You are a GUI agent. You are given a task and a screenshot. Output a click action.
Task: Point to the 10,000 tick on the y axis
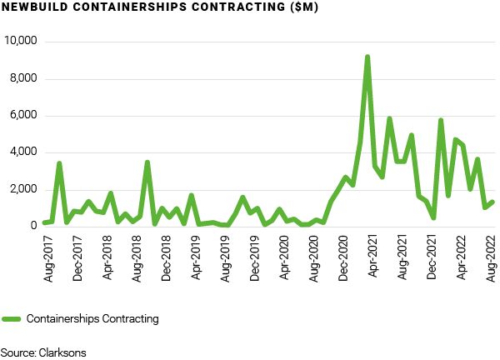point(22,42)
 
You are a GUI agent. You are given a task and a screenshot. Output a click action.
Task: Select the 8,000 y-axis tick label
point(25,79)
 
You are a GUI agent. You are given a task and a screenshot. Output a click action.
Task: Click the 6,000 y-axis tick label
point(25,116)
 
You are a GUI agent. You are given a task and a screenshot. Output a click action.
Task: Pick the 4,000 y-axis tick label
point(25,152)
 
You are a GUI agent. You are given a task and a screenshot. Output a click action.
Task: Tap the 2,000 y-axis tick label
point(25,190)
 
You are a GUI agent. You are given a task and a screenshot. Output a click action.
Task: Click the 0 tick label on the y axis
point(37,227)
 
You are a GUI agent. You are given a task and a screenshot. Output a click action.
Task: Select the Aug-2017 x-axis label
point(47,254)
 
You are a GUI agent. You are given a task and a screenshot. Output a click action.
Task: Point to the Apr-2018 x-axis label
point(106,254)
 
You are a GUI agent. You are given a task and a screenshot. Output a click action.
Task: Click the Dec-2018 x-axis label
point(166,254)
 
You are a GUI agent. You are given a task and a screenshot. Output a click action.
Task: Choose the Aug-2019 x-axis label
point(225,254)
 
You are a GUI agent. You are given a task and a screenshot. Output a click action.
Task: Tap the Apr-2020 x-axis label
point(284,254)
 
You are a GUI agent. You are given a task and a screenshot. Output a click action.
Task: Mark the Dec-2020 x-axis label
point(343,254)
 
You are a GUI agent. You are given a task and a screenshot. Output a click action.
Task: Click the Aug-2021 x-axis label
point(403,254)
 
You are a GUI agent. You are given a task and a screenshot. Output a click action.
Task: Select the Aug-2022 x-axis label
point(492,254)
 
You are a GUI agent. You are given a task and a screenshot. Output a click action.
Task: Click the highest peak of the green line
point(367,57)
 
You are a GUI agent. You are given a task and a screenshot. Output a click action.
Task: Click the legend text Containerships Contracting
point(92,318)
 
